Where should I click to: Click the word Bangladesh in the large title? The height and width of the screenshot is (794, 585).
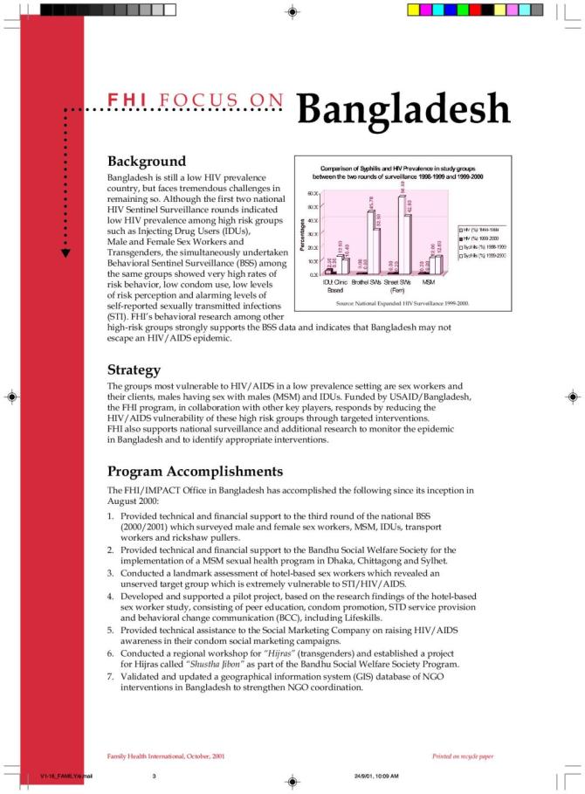[x=403, y=109]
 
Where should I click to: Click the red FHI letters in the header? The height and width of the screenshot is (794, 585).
[x=127, y=101]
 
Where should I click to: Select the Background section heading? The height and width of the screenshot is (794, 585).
[x=146, y=162]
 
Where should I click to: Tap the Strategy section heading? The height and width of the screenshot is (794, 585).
[x=134, y=369]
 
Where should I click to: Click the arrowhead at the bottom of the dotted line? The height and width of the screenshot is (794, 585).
[x=66, y=253]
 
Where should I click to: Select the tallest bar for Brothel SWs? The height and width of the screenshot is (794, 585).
[x=370, y=242]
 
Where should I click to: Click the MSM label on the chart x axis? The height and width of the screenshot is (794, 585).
[x=430, y=282]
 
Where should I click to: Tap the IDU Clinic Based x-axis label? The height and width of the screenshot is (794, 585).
[x=335, y=286]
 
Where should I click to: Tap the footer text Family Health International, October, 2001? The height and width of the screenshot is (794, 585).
[x=165, y=755]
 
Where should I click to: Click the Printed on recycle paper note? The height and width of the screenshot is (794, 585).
[x=463, y=755]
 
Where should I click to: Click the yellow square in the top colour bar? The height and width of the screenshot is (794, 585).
[x=414, y=10]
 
